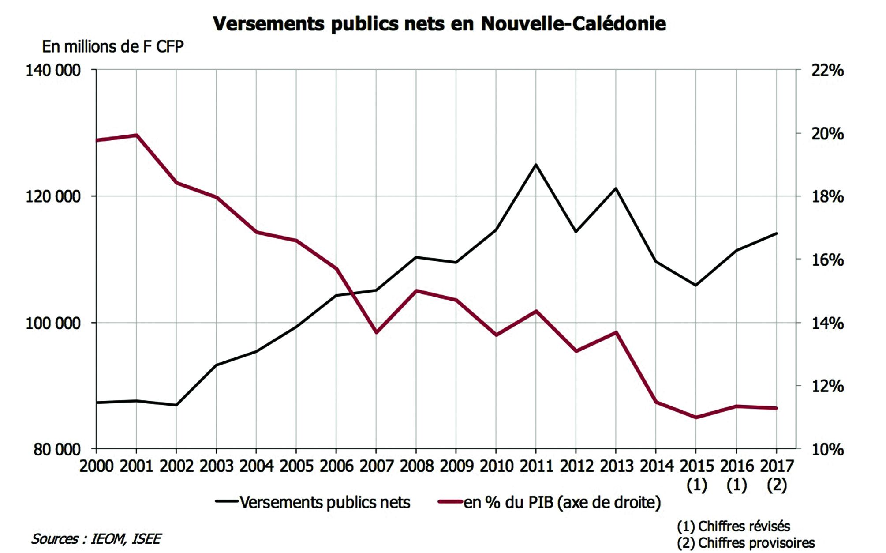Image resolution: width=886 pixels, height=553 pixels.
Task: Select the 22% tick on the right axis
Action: pos(827,71)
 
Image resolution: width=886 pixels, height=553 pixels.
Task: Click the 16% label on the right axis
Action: pos(827,260)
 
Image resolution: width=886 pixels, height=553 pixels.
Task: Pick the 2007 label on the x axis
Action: pos(376,466)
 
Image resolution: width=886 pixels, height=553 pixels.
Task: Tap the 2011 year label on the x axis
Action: pos(536,466)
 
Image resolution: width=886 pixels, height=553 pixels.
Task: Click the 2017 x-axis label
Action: pos(777,466)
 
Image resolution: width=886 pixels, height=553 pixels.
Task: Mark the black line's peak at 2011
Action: pos(536,165)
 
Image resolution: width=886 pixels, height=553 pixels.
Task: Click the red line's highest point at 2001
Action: pos(136,135)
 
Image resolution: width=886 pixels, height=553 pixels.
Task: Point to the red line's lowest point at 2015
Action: pos(696,417)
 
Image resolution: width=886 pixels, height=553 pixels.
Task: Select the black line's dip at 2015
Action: pos(696,285)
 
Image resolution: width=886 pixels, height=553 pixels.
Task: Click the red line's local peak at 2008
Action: pos(416,290)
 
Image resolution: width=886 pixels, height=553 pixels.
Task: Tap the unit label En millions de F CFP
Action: pos(112,46)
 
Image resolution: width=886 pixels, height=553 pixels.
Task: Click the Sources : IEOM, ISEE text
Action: pos(96,539)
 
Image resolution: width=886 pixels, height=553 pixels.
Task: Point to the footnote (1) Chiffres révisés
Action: pos(733,526)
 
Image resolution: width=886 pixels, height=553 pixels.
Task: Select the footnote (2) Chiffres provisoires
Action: pos(746,543)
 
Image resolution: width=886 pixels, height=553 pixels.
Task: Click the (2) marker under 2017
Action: pos(777,485)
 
